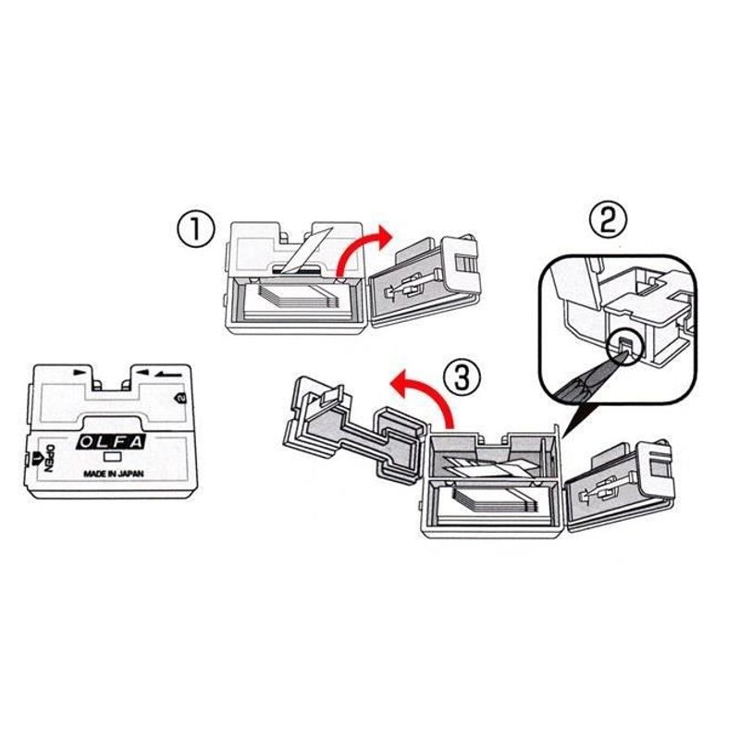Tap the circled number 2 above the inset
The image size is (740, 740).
[608, 220]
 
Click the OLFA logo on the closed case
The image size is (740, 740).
[111, 442]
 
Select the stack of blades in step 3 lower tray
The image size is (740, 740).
[490, 507]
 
